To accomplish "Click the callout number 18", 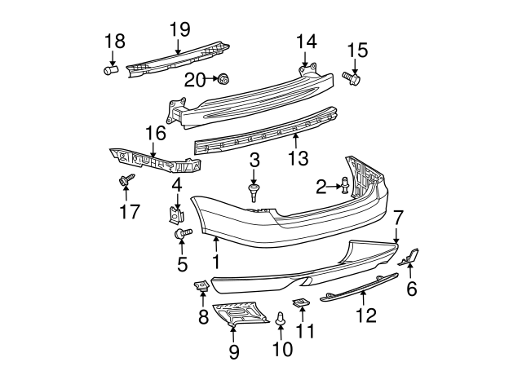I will (x=114, y=41).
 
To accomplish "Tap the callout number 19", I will (x=179, y=30).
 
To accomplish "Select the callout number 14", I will (x=306, y=40).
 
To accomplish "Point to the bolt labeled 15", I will (x=352, y=78).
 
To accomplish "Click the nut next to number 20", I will (x=223, y=79).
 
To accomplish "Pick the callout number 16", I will (x=155, y=132).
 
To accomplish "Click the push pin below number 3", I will (x=254, y=192).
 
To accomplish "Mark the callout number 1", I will (x=217, y=262).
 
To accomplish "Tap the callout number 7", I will (x=398, y=217).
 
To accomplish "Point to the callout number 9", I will (x=234, y=352).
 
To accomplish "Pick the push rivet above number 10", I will (x=282, y=324).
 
